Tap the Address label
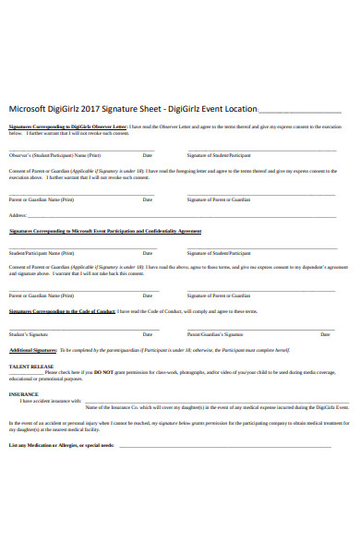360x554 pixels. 18,215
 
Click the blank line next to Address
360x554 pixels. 185,216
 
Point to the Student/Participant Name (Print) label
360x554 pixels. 42,252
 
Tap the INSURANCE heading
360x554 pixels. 24,394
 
